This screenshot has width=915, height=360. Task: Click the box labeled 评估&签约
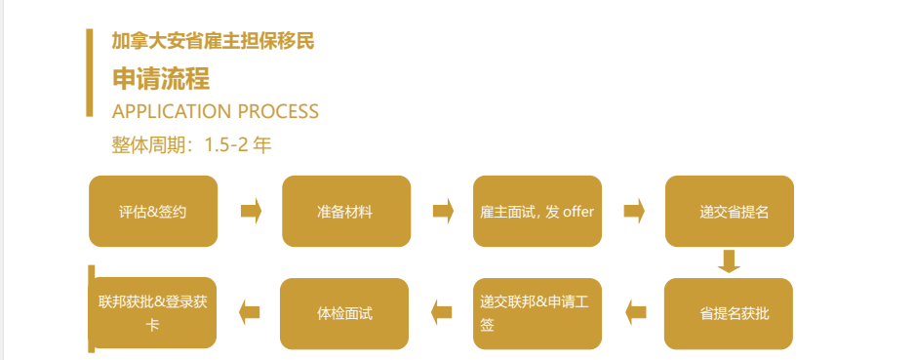pos(153,211)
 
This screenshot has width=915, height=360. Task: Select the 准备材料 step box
pos(345,211)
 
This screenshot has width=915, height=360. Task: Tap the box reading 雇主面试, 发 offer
pos(537,211)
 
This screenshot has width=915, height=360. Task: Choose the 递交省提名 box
pos(730,211)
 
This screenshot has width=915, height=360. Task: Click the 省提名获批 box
pos(729,313)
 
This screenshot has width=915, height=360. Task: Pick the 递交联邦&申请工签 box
pos(537,313)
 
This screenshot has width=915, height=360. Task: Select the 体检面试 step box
pos(344,313)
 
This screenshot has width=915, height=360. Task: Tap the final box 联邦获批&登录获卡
pos(153,313)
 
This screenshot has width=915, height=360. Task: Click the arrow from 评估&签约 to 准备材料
pos(251,211)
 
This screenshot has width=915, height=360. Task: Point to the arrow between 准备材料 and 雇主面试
pos(444,211)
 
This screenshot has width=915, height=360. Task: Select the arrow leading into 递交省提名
pos(635,211)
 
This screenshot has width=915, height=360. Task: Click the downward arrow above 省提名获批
pos(729,261)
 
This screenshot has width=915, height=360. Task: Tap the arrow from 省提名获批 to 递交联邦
pos(635,312)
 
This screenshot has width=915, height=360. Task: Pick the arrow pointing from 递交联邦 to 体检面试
pos(442,312)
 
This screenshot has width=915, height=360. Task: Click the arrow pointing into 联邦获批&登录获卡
pos(250,312)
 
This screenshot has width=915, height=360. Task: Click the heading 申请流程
pos(161,79)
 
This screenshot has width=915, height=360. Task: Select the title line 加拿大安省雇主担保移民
pos(213,42)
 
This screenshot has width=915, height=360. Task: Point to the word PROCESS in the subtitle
pos(278,111)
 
